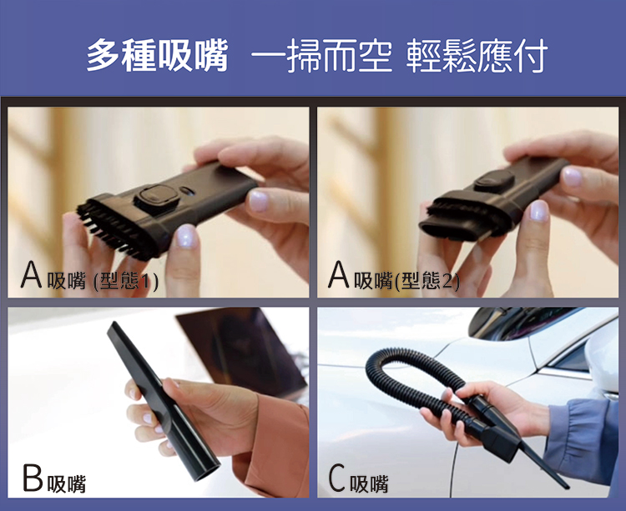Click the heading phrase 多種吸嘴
click(157, 55)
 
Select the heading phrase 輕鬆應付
click(477, 55)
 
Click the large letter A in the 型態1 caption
click(31, 274)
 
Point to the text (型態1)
click(126, 281)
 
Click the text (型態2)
click(427, 281)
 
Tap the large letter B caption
click(33, 478)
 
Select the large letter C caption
click(336, 478)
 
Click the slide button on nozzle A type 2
click(494, 182)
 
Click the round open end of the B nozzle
click(204, 470)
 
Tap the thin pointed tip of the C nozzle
click(566, 486)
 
